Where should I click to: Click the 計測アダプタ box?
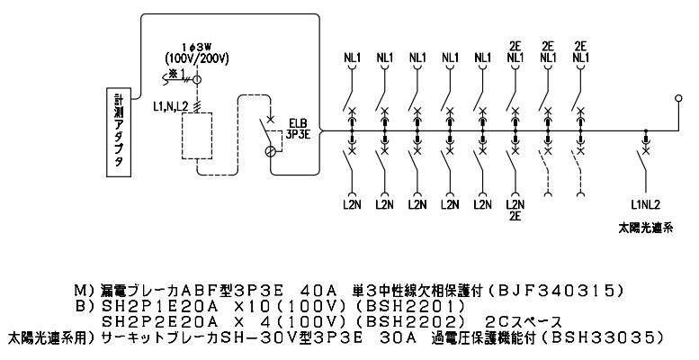pyautogui.click(x=119, y=132)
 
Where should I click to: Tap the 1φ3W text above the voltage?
pyautogui.click(x=196, y=47)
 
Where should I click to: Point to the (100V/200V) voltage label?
pyautogui.click(x=197, y=58)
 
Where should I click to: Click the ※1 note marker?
pyautogui.click(x=176, y=73)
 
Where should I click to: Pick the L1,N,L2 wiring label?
pyautogui.click(x=170, y=105)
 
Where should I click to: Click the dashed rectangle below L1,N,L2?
pyautogui.click(x=197, y=135)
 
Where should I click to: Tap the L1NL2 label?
pyautogui.click(x=646, y=205)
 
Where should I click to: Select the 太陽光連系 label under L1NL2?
pyautogui.click(x=645, y=228)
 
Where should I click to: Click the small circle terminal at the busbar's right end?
pyautogui.click(x=678, y=99)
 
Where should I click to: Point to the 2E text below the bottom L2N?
pyautogui.click(x=515, y=216)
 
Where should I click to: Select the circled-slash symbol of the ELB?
pyautogui.click(x=270, y=151)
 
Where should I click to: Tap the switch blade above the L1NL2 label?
pyautogui.click(x=641, y=162)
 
